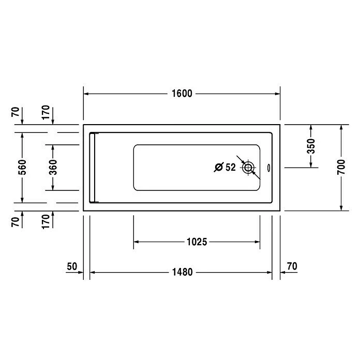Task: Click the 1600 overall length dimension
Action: (182, 94)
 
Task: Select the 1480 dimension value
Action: (182, 272)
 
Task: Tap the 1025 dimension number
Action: (197, 242)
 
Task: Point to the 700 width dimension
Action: (341, 167)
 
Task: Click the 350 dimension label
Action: (311, 146)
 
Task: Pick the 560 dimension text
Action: (22, 167)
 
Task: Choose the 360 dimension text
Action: (53, 167)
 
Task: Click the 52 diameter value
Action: (231, 167)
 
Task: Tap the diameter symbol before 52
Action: (219, 167)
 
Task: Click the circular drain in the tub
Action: (248, 168)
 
